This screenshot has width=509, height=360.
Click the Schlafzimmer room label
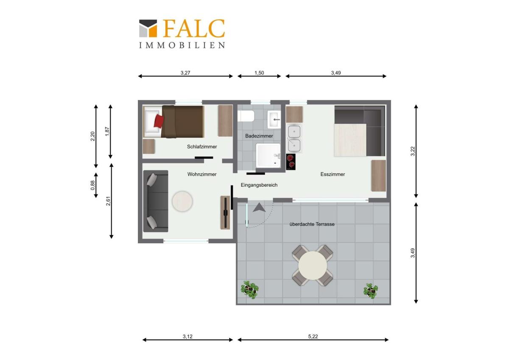pyautogui.click(x=202, y=147)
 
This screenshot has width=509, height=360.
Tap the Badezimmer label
pyautogui.click(x=259, y=136)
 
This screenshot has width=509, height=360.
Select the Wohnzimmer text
pyautogui.click(x=202, y=174)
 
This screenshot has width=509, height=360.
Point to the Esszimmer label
pyautogui.click(x=333, y=174)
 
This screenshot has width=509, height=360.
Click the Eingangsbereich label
pyautogui.click(x=259, y=185)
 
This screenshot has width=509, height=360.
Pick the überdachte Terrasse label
pyautogui.click(x=312, y=224)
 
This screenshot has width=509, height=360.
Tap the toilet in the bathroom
pyautogui.click(x=246, y=116)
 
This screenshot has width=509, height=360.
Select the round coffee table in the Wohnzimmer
pyautogui.click(x=182, y=202)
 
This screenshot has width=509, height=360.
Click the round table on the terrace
pyautogui.click(x=313, y=265)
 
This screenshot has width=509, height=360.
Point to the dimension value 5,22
pyautogui.click(x=313, y=337)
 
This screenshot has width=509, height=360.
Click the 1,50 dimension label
pyautogui.click(x=259, y=73)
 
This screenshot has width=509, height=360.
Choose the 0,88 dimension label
pyautogui.click(x=93, y=186)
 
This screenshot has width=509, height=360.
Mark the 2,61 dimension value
pyautogui.click(x=108, y=201)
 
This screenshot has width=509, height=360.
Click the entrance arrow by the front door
pyautogui.click(x=259, y=208)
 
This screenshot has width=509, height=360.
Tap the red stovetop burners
pyautogui.click(x=291, y=162)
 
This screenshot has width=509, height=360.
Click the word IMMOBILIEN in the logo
pyautogui.click(x=182, y=45)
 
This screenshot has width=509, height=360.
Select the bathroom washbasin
pyautogui.click(x=274, y=119)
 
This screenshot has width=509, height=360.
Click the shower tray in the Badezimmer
pyautogui.click(x=268, y=156)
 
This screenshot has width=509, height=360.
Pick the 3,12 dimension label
pyautogui.click(x=187, y=337)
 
